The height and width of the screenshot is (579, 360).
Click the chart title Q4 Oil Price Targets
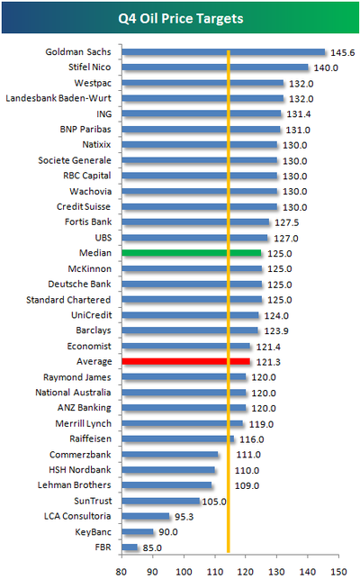(181, 19)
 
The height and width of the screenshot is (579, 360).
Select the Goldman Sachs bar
(223, 52)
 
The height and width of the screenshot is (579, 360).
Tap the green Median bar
(192, 253)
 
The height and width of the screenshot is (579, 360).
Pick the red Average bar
(185, 361)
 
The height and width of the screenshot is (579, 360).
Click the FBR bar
(130, 547)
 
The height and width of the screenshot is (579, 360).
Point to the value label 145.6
(342, 53)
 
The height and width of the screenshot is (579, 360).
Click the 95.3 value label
(184, 517)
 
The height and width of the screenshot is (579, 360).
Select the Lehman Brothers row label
(74, 484)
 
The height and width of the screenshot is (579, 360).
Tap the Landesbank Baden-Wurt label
(58, 98)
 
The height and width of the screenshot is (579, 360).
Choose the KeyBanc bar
(138, 532)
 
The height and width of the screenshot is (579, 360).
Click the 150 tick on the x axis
(339, 572)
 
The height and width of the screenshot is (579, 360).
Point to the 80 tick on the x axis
(121, 572)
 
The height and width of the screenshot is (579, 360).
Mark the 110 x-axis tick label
(215, 572)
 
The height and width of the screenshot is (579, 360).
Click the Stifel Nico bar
(215, 68)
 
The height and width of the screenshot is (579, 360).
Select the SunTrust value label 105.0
(214, 502)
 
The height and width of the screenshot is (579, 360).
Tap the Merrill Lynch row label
(83, 423)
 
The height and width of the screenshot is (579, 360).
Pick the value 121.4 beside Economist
(268, 347)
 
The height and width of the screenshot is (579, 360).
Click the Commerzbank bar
(170, 455)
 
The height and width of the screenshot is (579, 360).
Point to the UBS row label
(103, 238)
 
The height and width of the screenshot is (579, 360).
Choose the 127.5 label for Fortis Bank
(287, 222)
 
